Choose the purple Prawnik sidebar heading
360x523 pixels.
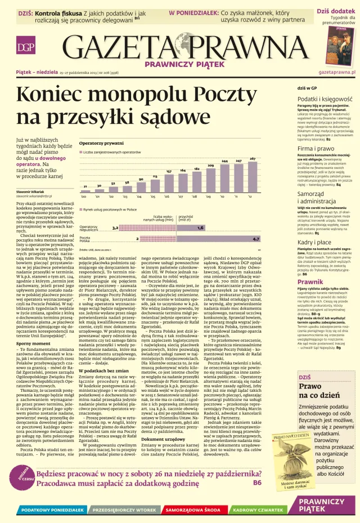pos(310,281)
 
